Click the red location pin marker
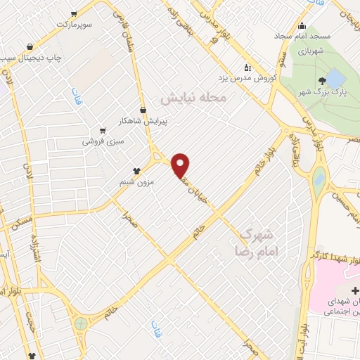coord(181,165)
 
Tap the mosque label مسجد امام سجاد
coord(332,35)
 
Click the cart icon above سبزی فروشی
coord(103,130)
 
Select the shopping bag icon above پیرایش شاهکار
coord(143,109)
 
